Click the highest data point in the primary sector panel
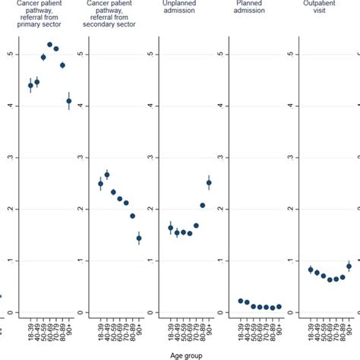(x=49, y=45)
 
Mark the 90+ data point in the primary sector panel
(x=68, y=101)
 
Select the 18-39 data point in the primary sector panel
(x=30, y=86)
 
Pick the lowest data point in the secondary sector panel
(x=139, y=238)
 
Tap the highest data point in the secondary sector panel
(x=107, y=175)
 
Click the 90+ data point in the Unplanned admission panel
(x=209, y=182)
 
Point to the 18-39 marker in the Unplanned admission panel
(x=171, y=228)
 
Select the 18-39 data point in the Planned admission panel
(x=240, y=301)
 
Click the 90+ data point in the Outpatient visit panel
(x=349, y=267)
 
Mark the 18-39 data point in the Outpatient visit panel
(x=311, y=270)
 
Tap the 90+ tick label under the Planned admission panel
(x=279, y=327)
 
